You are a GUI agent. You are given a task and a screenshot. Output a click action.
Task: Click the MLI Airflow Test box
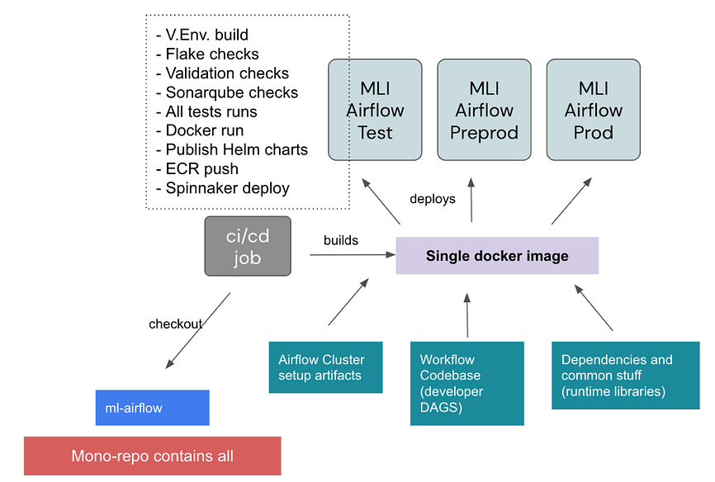click(376, 110)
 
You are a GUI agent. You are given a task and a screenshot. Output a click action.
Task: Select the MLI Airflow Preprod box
click(483, 110)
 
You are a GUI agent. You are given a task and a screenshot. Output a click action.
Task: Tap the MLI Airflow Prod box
click(593, 110)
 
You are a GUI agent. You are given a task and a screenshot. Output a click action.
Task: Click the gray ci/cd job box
click(248, 247)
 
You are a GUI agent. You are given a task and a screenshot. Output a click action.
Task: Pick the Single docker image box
click(497, 256)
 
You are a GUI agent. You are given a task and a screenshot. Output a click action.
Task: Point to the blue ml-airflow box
click(152, 408)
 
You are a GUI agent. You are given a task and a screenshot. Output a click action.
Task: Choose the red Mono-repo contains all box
click(152, 456)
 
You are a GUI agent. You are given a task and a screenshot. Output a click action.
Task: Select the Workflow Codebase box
click(466, 383)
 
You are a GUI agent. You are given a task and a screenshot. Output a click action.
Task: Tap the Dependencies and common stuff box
click(617, 375)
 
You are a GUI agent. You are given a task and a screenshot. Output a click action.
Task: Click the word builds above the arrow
click(340, 240)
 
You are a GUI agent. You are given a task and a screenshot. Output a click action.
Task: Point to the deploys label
click(433, 199)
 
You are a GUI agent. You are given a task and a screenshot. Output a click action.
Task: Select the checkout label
click(175, 324)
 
